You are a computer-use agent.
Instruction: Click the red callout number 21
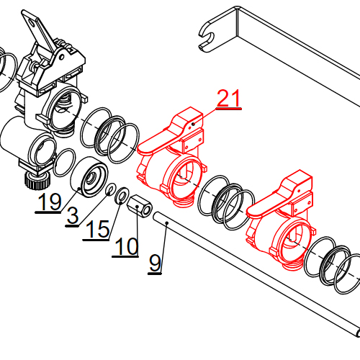pos(228,98)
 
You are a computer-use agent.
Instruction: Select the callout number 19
pos(50,202)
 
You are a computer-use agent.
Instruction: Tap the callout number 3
pos(73,215)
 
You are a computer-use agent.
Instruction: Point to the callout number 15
pos(98,229)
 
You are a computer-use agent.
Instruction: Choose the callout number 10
pos(127,246)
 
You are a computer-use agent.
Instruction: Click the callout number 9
pos(155,264)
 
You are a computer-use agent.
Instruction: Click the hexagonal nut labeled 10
pos(140,206)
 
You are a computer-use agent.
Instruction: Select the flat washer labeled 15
pos(122,196)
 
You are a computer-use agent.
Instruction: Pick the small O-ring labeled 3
pos(111,189)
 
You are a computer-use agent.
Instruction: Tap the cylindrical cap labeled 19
pos(89,176)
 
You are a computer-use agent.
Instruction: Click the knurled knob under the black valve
pos(38,180)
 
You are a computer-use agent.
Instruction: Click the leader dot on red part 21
pos(193,124)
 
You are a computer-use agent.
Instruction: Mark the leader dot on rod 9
pos(167,223)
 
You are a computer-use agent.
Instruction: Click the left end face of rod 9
pos(156,215)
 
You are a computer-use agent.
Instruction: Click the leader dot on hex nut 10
pos(137,206)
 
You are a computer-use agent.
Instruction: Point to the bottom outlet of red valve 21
pos(183,201)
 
